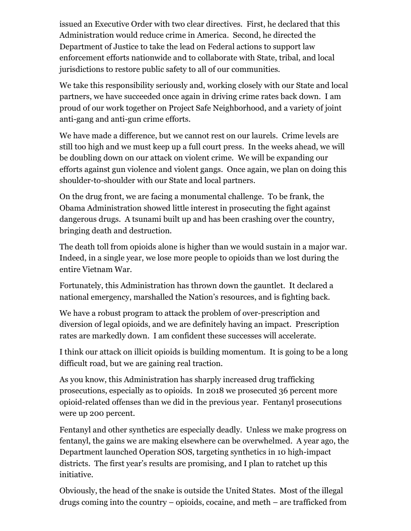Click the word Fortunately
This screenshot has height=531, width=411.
pyautogui.click(x=82, y=286)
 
